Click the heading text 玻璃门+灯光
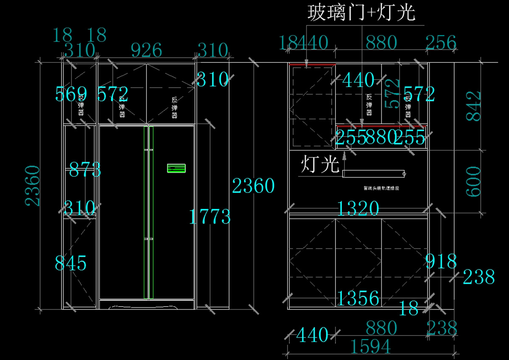coord(361,14)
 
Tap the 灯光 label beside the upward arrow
coord(320,165)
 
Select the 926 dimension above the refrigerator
coord(146,50)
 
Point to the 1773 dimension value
coord(210,217)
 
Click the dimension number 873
coord(85,170)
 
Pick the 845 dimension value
coord(71,263)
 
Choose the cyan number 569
coord(71,94)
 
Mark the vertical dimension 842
coord(474,106)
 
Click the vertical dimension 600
coord(474,181)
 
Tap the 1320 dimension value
coord(358,209)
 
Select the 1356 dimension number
coord(358,299)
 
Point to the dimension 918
coord(441,262)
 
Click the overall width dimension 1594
coord(371,347)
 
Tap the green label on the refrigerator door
coord(176,168)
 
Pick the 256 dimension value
coord(441,43)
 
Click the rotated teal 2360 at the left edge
coord(33,186)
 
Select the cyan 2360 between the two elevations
coord(254,186)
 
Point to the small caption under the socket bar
coord(381,188)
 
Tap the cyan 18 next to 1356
coord(409,309)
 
